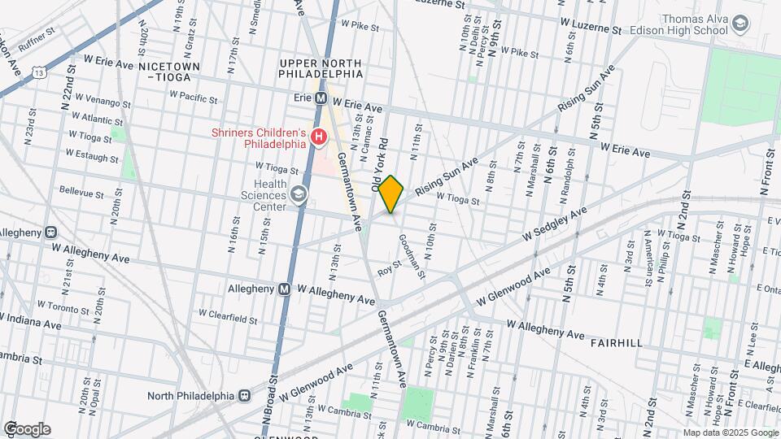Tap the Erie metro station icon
coord(321,98)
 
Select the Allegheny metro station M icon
coord(285,289)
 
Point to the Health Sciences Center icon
coord(299,193)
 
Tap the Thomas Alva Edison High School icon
coord(740,24)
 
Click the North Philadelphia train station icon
coord(243,396)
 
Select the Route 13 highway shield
coord(39,73)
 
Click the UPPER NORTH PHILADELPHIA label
coord(321,67)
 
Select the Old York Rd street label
coord(381,168)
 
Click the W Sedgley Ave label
coord(554,225)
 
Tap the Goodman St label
coord(412,255)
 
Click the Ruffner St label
coord(37,41)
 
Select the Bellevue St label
coord(81,194)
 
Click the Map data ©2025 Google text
coord(730,432)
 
